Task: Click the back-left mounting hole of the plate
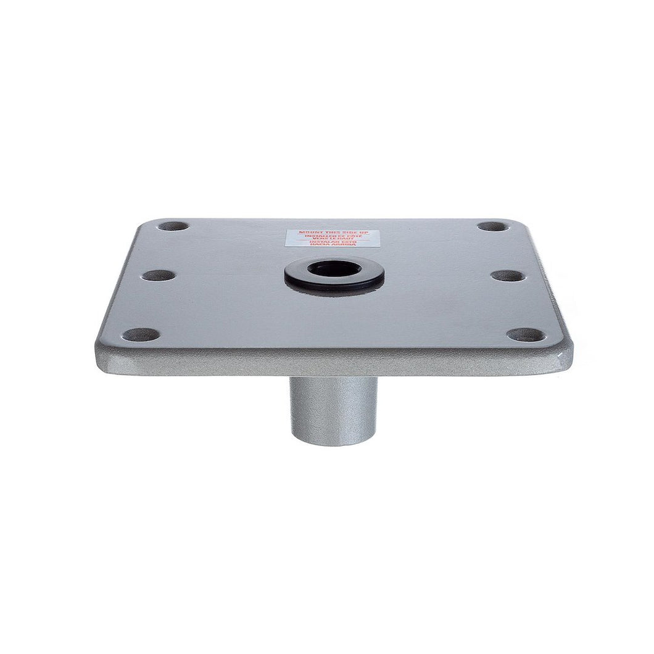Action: tap(173, 226)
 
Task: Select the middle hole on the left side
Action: tap(159, 275)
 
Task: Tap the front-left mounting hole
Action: tap(141, 335)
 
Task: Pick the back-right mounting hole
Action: tap(493, 226)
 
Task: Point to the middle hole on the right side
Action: tap(508, 275)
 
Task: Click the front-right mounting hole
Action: tap(526, 335)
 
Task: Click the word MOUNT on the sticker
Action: tap(309, 232)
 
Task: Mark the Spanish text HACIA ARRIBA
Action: tap(333, 245)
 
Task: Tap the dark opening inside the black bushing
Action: tap(334, 269)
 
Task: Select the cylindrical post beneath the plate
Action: tap(333, 407)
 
